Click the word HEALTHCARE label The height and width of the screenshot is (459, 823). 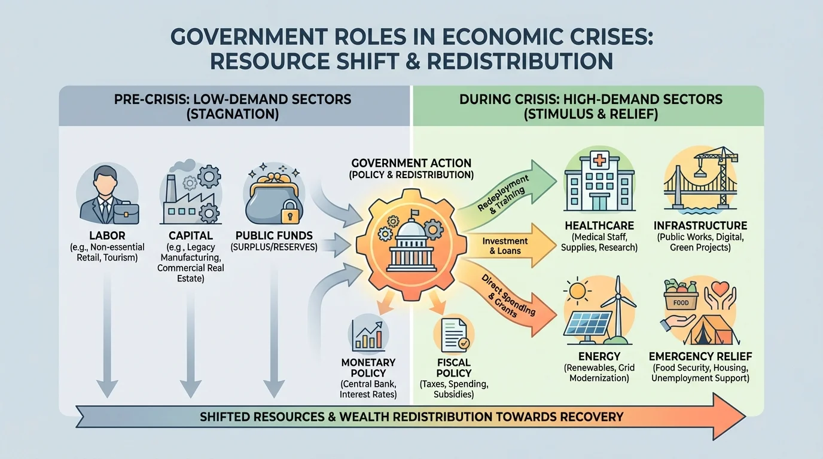point(600,226)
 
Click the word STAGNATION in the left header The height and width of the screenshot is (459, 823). point(233,114)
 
